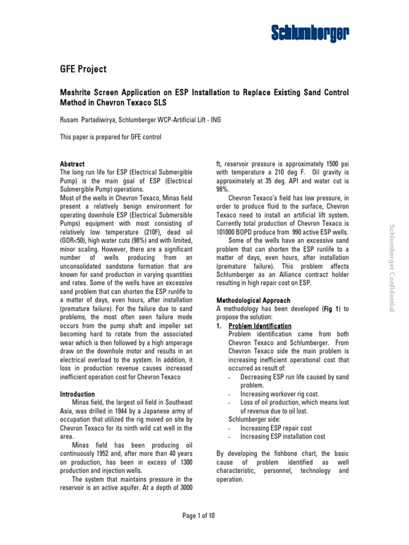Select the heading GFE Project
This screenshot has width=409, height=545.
point(83,69)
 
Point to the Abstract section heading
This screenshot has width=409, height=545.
point(72,164)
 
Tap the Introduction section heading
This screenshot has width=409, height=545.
point(77,394)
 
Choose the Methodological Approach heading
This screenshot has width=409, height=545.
point(253,300)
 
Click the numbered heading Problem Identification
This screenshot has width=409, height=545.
point(260,326)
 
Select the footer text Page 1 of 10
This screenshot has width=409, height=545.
point(199,516)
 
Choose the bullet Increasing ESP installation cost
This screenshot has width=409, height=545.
point(283,436)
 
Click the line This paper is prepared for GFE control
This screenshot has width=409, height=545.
point(110,137)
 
